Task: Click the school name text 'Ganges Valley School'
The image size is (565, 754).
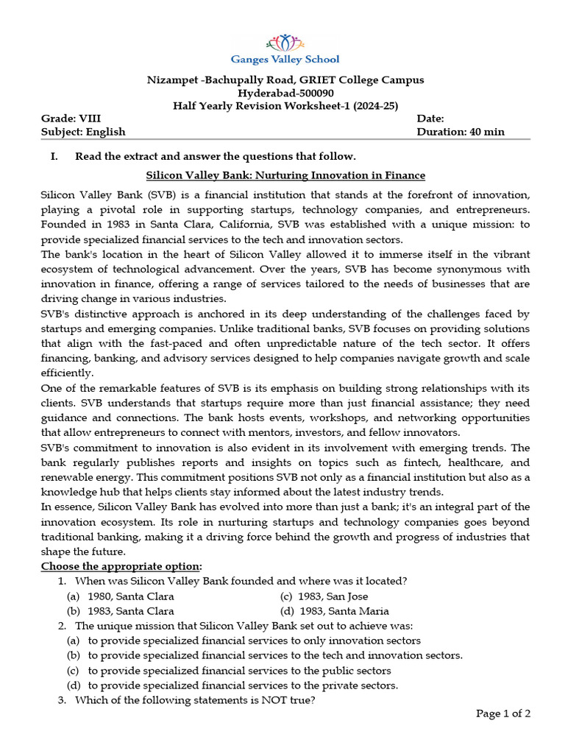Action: coord(285,60)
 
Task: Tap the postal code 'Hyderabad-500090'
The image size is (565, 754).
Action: coord(285,93)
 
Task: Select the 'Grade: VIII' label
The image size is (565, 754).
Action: coord(71,119)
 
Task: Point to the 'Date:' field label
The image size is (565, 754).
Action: coord(430,119)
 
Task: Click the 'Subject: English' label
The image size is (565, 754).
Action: coord(83,132)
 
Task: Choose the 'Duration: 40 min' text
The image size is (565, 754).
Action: coord(461,132)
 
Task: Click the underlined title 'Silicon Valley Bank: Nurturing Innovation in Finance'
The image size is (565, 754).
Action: coord(285,175)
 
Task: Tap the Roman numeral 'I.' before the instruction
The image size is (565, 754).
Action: coord(54,156)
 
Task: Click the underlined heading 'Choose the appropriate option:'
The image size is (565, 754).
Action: coord(121,565)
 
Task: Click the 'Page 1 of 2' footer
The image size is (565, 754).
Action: coord(503,713)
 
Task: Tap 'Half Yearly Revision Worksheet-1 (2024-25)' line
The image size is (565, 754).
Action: coord(285,105)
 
